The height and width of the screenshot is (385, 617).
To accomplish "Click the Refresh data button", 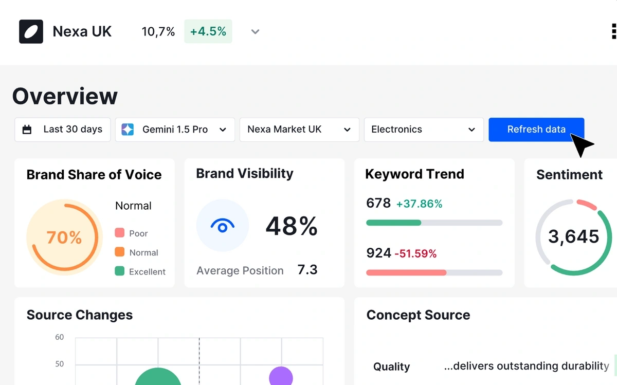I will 536,130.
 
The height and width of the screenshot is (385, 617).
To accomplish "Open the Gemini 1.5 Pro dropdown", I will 175,130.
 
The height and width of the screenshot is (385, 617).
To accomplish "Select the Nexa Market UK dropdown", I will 299,130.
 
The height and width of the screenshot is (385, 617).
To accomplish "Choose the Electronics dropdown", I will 424,130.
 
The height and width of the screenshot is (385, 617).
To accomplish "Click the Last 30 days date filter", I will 63,130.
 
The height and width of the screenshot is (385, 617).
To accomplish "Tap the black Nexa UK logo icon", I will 31,31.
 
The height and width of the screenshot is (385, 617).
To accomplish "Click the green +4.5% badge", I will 208,31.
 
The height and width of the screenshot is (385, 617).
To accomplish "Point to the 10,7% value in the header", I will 158,32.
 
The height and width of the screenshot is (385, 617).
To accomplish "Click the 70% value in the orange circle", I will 64,237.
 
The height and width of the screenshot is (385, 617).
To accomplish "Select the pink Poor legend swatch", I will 120,233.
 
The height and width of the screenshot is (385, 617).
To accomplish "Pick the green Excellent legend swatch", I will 120,271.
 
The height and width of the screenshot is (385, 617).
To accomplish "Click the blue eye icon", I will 223,226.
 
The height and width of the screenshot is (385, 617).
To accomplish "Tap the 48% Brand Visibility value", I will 292,226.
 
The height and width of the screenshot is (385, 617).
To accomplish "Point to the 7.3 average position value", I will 307,269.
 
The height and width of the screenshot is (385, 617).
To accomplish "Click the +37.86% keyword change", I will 419,204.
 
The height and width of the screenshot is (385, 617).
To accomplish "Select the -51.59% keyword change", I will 415,253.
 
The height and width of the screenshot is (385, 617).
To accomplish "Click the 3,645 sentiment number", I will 573,236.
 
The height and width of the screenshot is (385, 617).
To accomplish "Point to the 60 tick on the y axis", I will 59,337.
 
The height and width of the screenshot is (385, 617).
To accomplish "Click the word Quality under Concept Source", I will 391,366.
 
